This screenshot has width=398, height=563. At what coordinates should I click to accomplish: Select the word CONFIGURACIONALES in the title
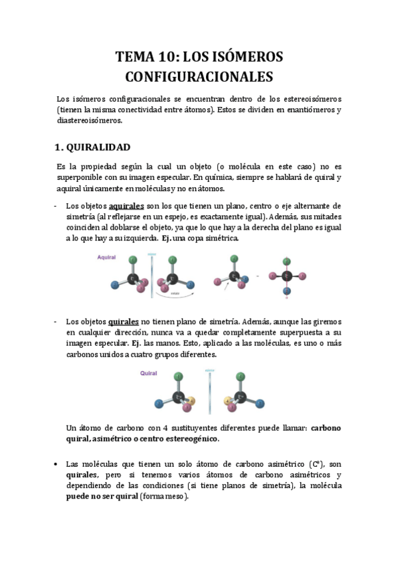(199, 77)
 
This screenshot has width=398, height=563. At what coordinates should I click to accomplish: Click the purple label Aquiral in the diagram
(108, 256)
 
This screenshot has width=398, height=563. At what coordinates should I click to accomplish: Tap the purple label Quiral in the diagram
(148, 373)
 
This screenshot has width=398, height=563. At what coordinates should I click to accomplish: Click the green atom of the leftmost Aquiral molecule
(134, 260)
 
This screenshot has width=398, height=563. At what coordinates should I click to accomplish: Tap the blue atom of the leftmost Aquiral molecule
(114, 283)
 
